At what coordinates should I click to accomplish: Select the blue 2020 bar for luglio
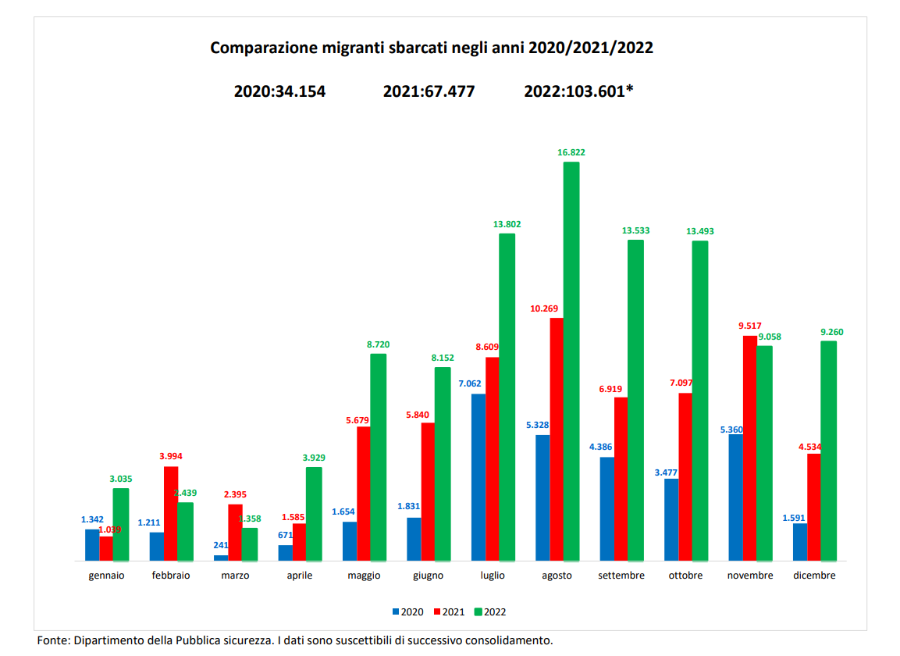[478, 477]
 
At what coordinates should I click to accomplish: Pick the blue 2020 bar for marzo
[221, 558]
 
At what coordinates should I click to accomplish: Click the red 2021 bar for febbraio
[170, 513]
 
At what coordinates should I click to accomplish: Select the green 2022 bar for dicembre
[828, 451]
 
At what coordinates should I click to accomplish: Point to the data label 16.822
[571, 153]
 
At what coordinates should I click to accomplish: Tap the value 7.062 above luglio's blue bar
[471, 384]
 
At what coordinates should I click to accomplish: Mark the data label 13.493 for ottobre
[699, 231]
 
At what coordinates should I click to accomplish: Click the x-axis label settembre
[621, 576]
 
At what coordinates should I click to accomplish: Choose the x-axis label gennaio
[106, 576]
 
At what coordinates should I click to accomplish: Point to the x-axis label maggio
[365, 576]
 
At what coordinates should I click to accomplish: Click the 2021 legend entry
[449, 611]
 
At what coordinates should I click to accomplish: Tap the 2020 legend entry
[407, 611]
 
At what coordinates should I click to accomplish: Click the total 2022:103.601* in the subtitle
[578, 91]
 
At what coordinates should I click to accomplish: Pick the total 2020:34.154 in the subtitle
[279, 91]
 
